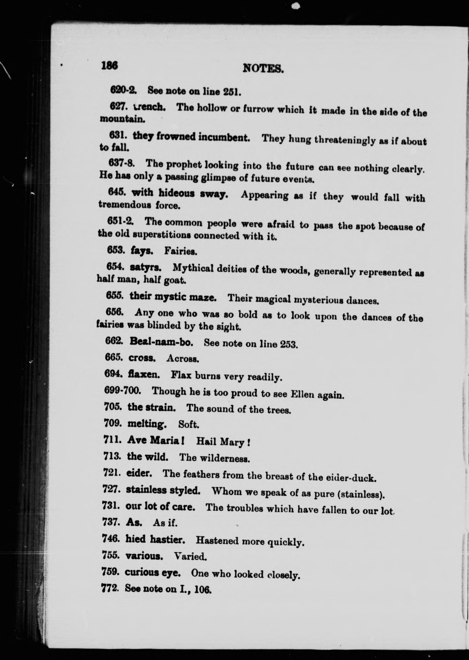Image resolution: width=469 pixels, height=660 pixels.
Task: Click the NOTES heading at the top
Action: point(263,68)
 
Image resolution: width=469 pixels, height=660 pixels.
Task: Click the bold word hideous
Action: point(177,193)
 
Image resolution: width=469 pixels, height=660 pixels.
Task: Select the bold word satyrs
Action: point(145,268)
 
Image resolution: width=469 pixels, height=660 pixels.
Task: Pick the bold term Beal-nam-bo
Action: point(161,342)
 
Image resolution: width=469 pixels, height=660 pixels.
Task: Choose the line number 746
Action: point(111,538)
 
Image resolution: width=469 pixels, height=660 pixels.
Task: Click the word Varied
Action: point(190,556)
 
